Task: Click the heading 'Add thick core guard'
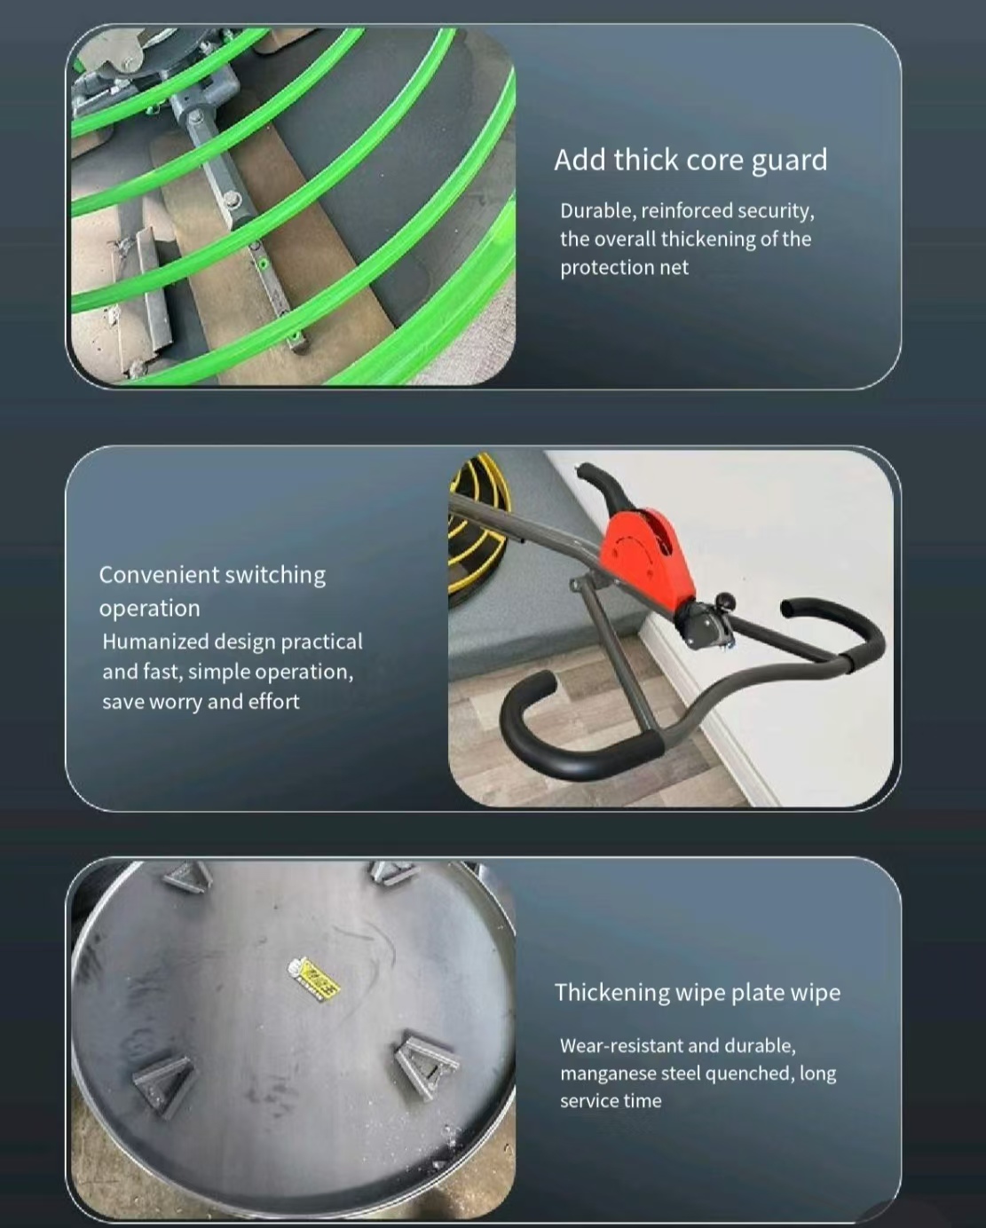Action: pos(690,161)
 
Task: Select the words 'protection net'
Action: pos(624,267)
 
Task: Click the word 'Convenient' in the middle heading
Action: pos(157,575)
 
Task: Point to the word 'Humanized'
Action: pos(155,642)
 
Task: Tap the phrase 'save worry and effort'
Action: pos(201,702)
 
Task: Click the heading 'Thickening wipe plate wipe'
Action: pos(697,992)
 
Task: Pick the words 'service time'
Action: pos(611,1101)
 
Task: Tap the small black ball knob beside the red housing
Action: pos(725,601)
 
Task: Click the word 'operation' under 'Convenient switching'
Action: pos(150,609)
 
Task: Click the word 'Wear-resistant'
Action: pos(621,1046)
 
